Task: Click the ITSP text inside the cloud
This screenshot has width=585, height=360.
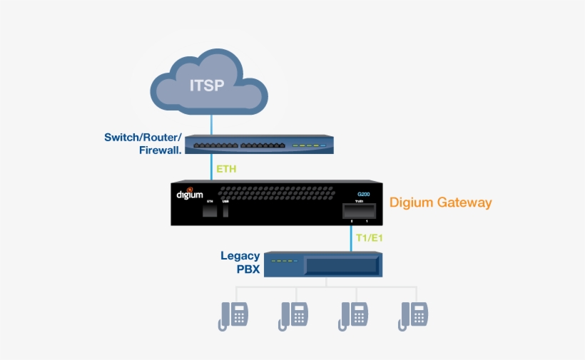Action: click(207, 86)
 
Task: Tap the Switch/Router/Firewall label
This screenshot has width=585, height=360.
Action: click(142, 143)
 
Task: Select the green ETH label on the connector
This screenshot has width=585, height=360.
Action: click(226, 170)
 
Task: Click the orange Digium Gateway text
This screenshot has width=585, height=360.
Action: click(440, 202)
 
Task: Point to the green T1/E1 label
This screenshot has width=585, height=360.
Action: click(370, 238)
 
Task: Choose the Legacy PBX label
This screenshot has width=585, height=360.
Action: click(240, 262)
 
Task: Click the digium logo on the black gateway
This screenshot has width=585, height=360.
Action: click(190, 193)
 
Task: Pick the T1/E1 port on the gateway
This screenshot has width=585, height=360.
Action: click(359, 212)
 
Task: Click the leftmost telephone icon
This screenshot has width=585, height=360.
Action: click(233, 314)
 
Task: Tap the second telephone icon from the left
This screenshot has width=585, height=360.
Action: click(293, 314)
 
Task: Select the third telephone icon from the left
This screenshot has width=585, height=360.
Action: click(354, 314)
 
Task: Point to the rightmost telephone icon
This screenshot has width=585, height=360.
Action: click(414, 314)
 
